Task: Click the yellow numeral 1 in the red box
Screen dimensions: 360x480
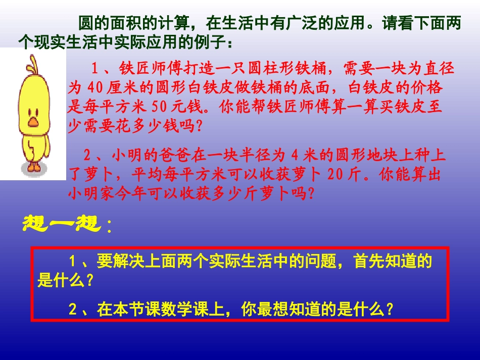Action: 72,262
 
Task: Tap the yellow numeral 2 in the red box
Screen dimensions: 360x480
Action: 72,309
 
